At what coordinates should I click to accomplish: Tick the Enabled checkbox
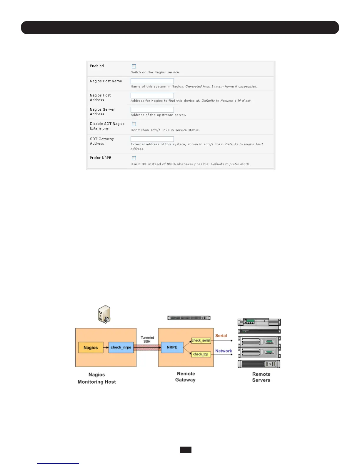134,66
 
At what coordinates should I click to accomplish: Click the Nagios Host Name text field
152,81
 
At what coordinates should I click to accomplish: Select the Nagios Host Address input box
152,95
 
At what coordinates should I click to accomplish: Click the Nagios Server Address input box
152,110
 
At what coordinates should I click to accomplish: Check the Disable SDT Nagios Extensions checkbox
134,124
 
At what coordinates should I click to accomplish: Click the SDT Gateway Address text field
152,139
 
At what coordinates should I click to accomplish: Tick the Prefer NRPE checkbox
134,158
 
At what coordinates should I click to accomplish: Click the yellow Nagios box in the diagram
91,347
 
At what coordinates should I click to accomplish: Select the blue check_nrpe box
121,347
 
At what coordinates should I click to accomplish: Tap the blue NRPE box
172,347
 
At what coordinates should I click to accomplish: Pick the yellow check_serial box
201,341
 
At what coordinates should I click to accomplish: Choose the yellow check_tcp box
201,354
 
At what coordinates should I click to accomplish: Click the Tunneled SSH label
147,339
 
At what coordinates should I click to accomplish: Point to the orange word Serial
221,336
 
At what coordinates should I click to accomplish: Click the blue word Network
224,351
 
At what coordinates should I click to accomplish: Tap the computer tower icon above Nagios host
104,314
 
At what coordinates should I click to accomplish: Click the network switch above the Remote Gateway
189,318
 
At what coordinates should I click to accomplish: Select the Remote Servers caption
261,377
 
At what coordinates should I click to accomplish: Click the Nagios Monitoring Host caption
97,378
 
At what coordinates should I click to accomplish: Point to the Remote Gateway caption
186,377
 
